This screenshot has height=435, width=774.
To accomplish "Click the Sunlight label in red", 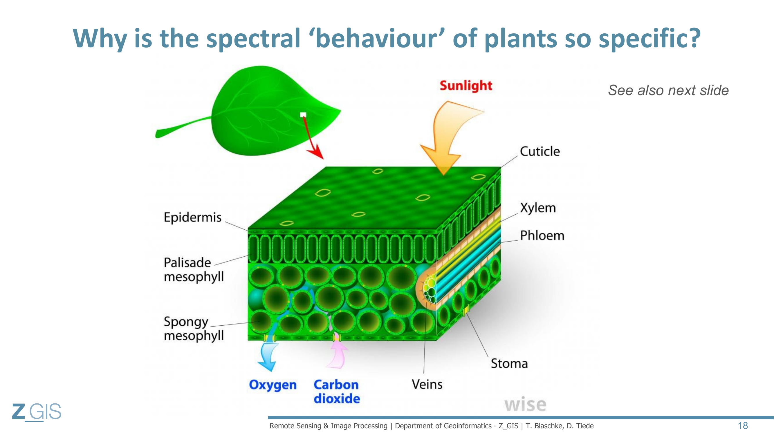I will [466, 86].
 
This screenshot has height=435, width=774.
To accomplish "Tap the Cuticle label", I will [540, 151].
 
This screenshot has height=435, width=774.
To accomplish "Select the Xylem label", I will [538, 208].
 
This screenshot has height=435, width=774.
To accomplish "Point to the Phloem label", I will [542, 235].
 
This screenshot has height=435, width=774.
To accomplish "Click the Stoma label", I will [509, 364].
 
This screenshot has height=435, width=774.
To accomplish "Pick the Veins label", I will [427, 384].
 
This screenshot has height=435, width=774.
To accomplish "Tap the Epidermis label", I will [193, 217].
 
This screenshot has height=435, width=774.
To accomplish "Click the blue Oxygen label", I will [273, 385].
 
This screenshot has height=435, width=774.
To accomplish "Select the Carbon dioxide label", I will [337, 391].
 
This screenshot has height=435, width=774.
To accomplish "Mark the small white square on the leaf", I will [303, 115].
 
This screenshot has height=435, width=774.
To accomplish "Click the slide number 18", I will [743, 425].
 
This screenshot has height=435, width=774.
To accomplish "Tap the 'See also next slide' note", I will [668, 90].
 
